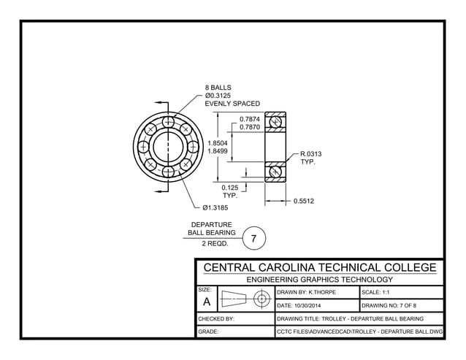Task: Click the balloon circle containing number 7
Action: (253, 239)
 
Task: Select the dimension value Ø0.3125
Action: (220, 96)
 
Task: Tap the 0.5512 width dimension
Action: (303, 200)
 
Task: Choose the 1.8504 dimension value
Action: (218, 143)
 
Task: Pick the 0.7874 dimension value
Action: (250, 118)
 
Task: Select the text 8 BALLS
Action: (218, 88)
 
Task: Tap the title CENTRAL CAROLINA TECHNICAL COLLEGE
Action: (319, 267)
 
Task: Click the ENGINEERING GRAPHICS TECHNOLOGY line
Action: (319, 279)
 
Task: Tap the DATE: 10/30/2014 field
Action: (304, 305)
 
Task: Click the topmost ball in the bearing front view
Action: (169, 120)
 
